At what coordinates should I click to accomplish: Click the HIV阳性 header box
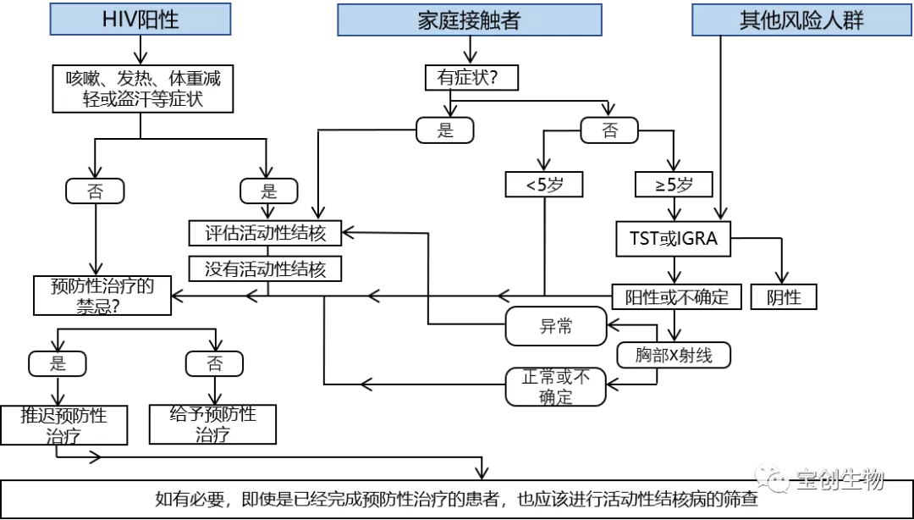(x=140, y=19)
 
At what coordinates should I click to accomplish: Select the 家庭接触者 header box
(x=469, y=19)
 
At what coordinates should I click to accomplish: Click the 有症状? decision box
(x=471, y=78)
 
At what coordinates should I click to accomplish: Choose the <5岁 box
(x=543, y=184)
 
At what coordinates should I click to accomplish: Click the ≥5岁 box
(x=674, y=184)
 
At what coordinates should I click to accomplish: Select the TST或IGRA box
(x=673, y=239)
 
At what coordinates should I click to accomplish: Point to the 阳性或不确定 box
(x=676, y=296)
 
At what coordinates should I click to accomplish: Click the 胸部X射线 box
(x=674, y=354)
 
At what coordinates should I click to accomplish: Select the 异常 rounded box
(x=556, y=326)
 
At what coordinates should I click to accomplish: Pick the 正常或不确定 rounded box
(x=556, y=387)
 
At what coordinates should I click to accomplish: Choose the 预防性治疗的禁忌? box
(x=101, y=296)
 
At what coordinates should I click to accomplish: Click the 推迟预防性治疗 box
(x=64, y=425)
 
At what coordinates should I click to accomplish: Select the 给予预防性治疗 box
(x=212, y=424)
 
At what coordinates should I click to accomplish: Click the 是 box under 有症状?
(x=445, y=130)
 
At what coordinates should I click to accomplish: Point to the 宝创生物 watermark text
(x=839, y=481)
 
